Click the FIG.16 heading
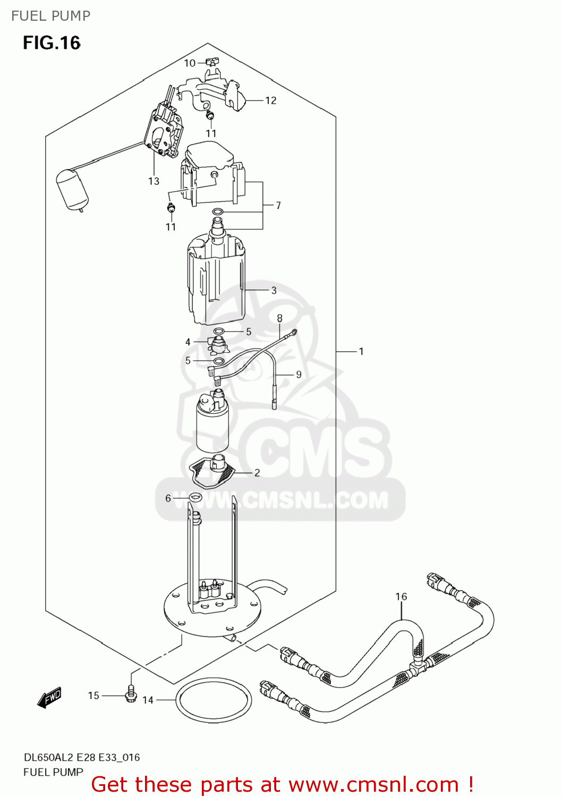pyautogui.click(x=52, y=43)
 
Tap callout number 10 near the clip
pyautogui.click(x=190, y=63)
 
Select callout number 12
pyautogui.click(x=270, y=100)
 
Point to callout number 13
pyautogui.click(x=154, y=181)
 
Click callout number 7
pyautogui.click(x=278, y=205)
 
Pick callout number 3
pyautogui.click(x=274, y=290)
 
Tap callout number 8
pyautogui.click(x=279, y=318)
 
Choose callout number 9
pyautogui.click(x=299, y=375)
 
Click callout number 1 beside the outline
pyautogui.click(x=361, y=351)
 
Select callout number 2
pyautogui.click(x=257, y=472)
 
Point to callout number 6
pyautogui.click(x=168, y=498)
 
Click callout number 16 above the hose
pyautogui.click(x=401, y=597)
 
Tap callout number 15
pyautogui.click(x=93, y=696)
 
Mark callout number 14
pyautogui.click(x=148, y=700)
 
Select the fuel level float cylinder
pyautogui.click(x=72, y=189)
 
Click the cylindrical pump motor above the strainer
pyautogui.click(x=212, y=425)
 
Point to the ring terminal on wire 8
pyautogui.click(x=293, y=333)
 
